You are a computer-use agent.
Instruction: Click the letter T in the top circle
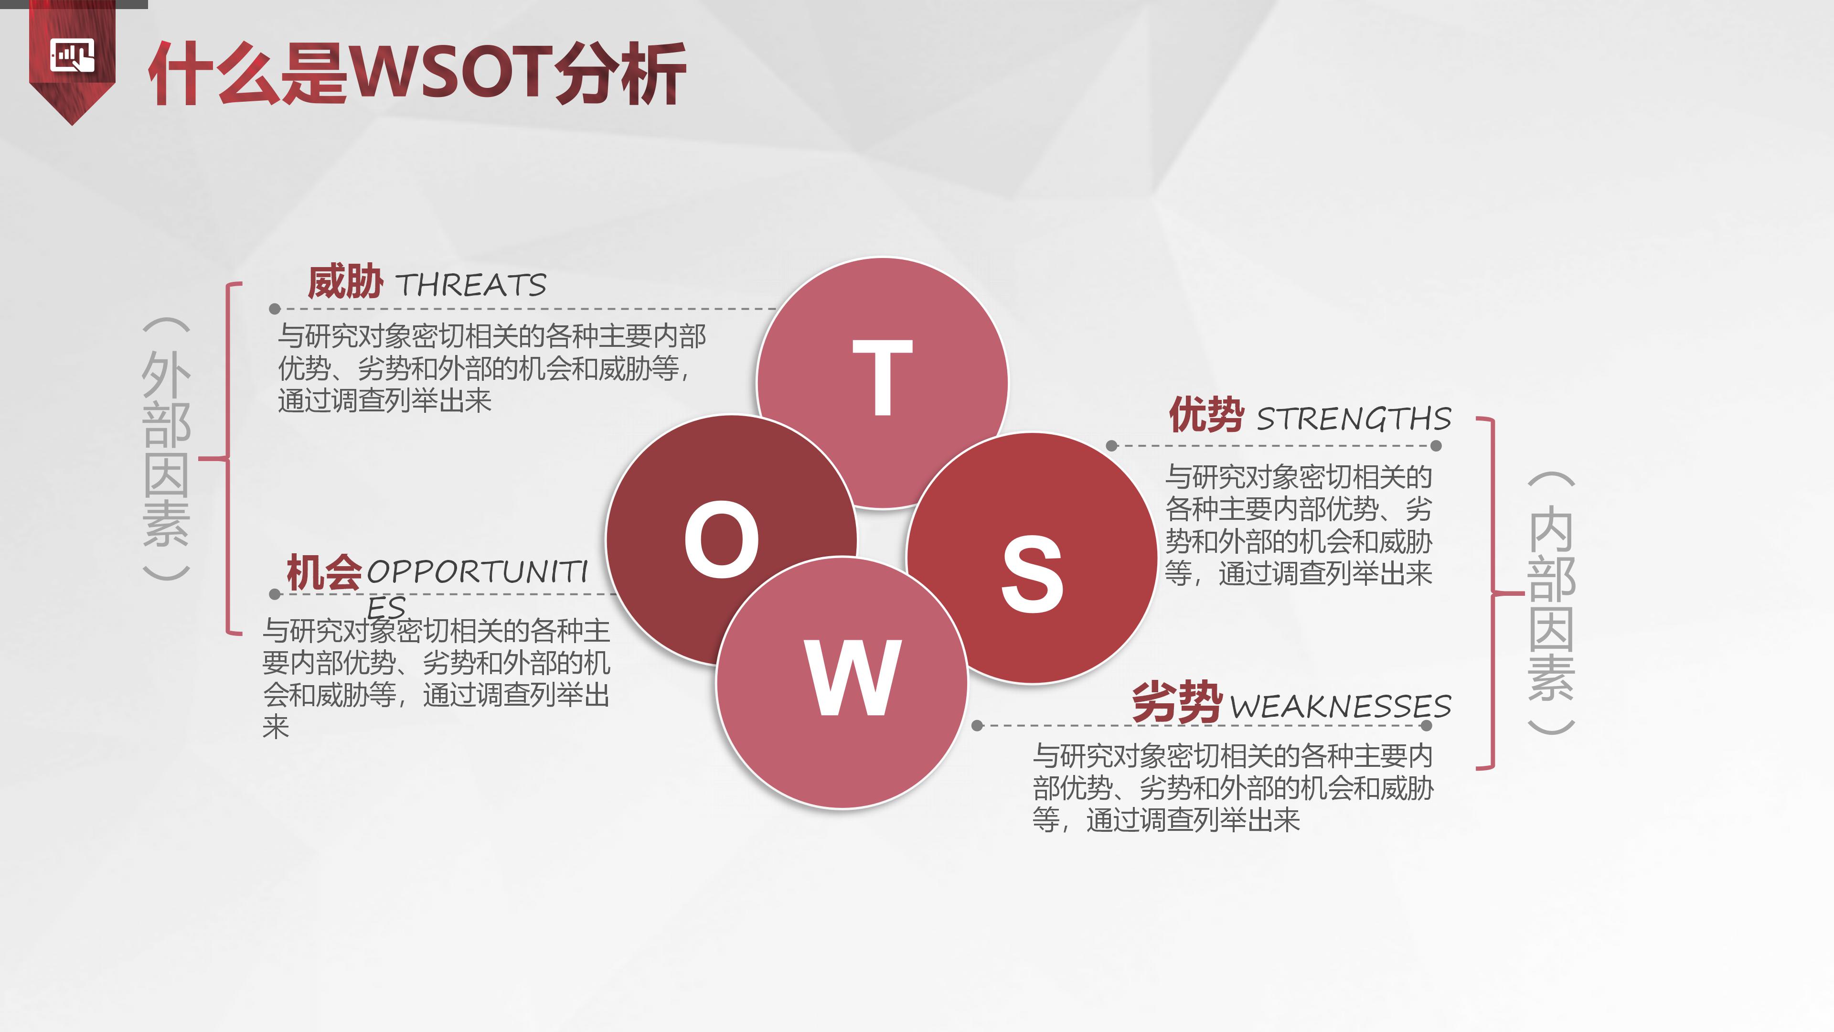(x=882, y=377)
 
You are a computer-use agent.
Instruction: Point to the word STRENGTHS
(x=1353, y=419)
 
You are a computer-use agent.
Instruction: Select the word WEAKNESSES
(x=1340, y=707)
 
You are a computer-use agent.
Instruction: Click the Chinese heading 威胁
(x=345, y=281)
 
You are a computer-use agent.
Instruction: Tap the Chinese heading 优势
(x=1206, y=415)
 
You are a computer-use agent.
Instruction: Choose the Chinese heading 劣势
(x=1177, y=702)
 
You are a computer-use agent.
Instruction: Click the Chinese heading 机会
(x=324, y=572)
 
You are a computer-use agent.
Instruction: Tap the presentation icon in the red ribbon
(x=72, y=55)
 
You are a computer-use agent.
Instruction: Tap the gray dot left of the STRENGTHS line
(x=1111, y=446)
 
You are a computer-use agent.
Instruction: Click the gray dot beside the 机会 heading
(x=275, y=594)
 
